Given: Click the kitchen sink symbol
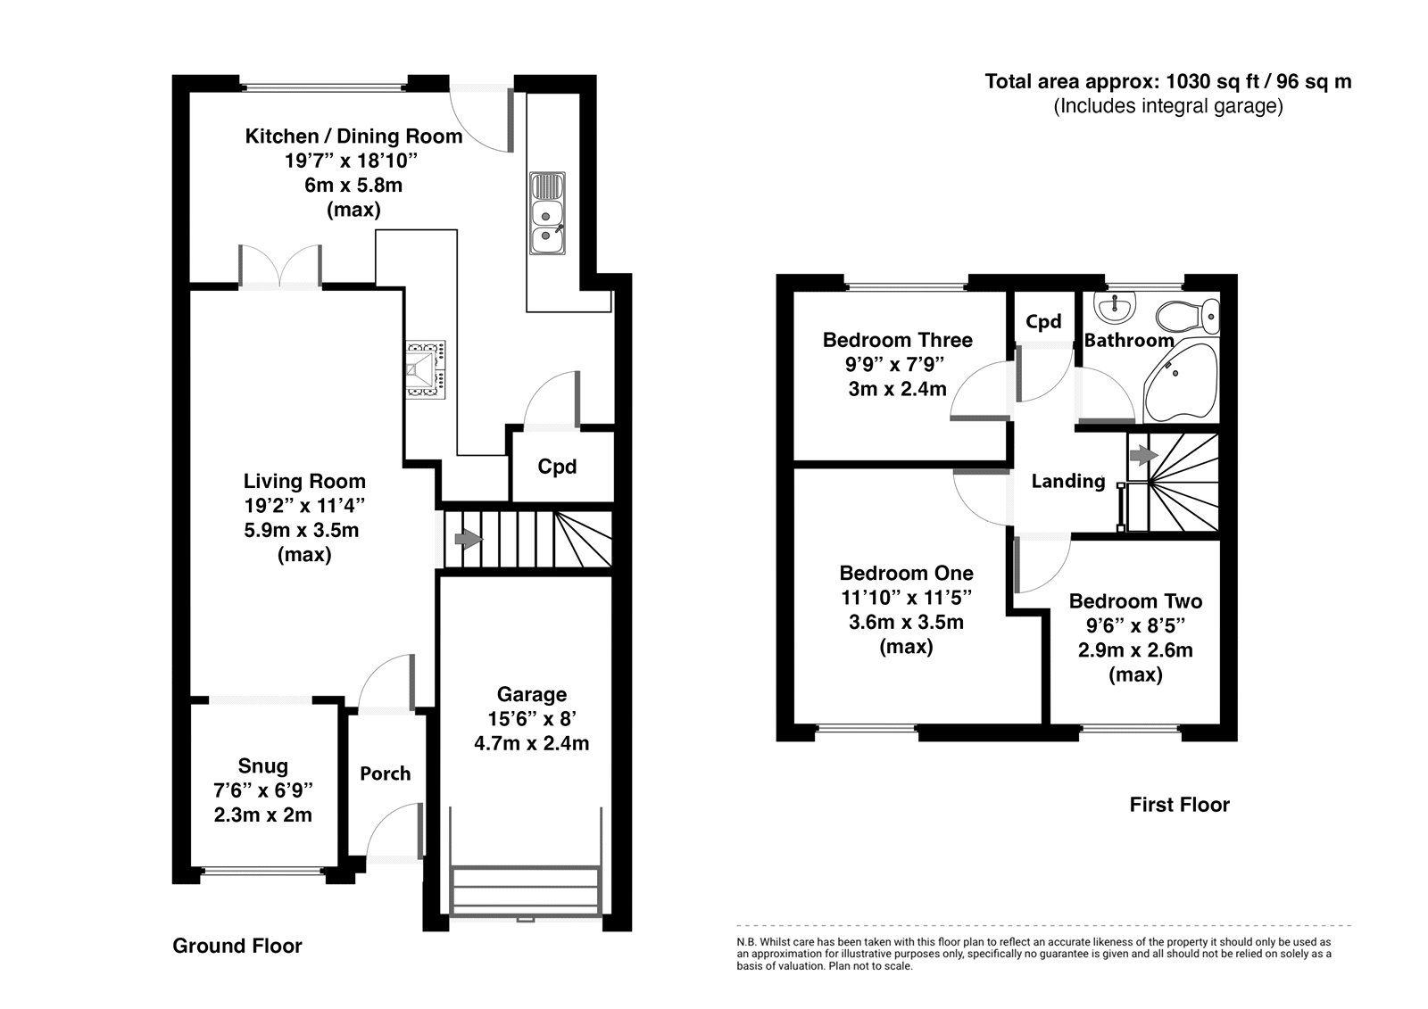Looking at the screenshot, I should [546, 213].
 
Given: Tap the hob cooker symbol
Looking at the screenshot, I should [426, 367].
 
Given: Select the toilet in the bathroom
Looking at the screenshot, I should [1188, 315].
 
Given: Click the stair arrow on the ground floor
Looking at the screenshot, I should [467, 539].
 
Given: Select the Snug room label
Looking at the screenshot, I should [263, 765].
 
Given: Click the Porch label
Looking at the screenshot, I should [385, 773].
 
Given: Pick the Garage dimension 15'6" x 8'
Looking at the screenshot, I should [531, 718].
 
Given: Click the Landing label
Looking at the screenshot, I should [1067, 482].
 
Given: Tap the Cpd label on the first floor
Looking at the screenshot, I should [1042, 322].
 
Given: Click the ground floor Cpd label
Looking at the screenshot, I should [557, 467].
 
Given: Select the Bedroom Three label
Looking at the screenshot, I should [897, 340].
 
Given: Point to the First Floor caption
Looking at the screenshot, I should [1179, 805].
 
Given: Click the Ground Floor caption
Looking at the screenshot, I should [237, 946].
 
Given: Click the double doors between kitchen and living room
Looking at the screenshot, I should [279, 268].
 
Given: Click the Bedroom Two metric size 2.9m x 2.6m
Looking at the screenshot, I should [1135, 650].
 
